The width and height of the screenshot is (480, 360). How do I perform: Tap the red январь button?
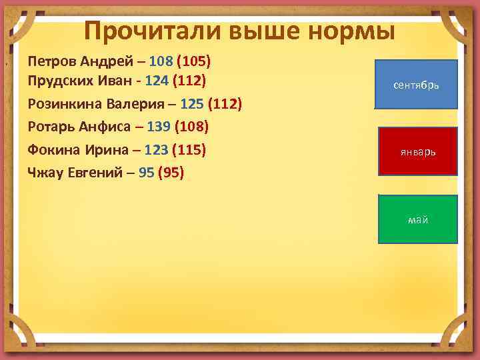[x=417, y=151]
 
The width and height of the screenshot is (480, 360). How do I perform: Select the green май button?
[x=417, y=219]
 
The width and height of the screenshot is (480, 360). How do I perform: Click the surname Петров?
[x=51, y=61]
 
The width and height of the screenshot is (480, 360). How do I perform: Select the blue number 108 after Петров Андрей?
[x=161, y=61]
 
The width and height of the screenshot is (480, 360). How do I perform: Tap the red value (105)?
[x=193, y=61]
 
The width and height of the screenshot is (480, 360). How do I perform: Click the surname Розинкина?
[x=62, y=105]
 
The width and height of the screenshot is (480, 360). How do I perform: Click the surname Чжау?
[x=45, y=173]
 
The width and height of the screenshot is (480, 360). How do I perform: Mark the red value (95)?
[x=171, y=173]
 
